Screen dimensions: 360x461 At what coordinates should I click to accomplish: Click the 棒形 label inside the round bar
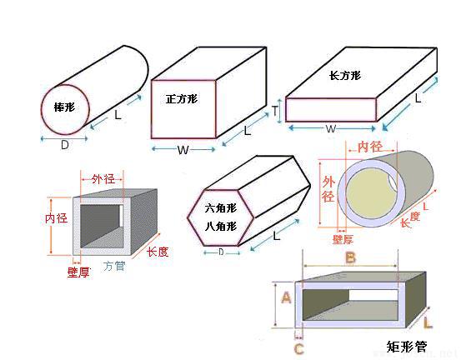64,107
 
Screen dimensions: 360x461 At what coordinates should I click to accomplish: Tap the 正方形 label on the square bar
180,99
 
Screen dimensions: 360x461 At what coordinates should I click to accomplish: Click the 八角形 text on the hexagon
221,225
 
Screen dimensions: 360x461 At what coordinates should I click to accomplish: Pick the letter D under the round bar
64,145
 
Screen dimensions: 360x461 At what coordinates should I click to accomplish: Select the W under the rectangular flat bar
330,129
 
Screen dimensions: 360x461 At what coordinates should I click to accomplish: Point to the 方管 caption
115,267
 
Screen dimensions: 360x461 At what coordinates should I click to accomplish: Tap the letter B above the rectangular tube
350,258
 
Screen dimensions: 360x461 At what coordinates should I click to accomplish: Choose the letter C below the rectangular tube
298,348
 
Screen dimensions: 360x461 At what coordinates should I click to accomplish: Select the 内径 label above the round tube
369,147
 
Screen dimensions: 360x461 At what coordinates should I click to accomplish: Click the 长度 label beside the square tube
158,250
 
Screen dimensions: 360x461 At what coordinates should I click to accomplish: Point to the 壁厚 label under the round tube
343,239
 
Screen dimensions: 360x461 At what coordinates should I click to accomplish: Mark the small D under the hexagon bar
220,252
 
